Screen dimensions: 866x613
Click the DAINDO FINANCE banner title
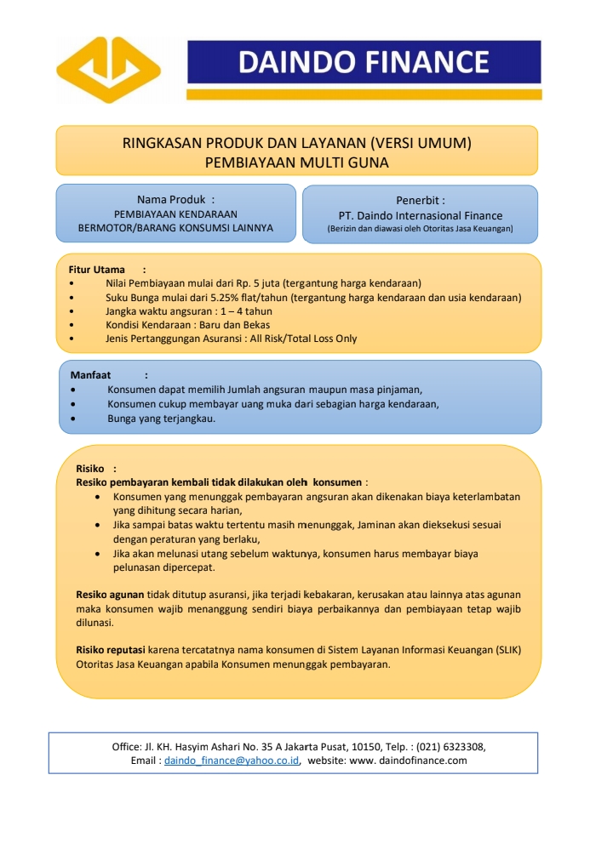click(x=364, y=62)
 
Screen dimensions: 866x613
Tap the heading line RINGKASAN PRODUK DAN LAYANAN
click(x=296, y=142)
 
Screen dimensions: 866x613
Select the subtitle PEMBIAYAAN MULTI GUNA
click(x=296, y=161)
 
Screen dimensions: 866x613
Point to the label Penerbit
click(x=420, y=200)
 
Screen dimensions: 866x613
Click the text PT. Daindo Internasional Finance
click(x=420, y=215)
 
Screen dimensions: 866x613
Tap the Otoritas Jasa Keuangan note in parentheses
click(x=420, y=229)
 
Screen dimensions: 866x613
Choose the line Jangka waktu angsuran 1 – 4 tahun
click(x=189, y=311)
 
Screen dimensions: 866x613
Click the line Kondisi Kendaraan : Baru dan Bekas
click(x=187, y=325)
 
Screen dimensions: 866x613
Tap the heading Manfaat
click(x=90, y=374)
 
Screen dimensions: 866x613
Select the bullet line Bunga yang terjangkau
click(x=161, y=419)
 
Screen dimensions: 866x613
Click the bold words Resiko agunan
click(x=110, y=595)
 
